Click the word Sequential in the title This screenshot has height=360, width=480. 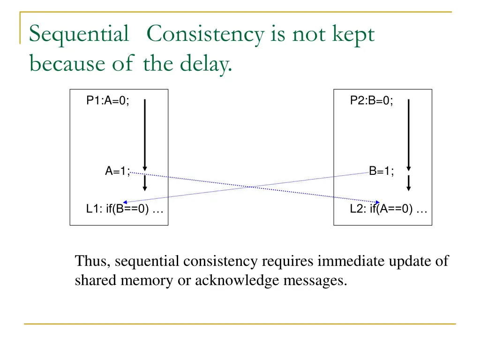pos(79,35)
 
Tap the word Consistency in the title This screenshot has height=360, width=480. pos(205,35)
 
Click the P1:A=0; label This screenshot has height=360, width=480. pos(108,100)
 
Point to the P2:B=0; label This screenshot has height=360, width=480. pos(372,100)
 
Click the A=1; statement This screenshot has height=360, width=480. pos(117,172)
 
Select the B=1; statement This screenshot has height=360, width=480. pos(382,172)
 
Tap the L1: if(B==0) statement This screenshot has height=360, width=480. pos(125,210)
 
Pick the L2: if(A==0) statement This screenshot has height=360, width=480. pos(389,210)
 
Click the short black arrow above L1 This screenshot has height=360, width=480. pos(145,182)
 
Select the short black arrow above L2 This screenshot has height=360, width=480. pos(409,182)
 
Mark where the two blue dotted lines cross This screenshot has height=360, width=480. pos(253,187)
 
